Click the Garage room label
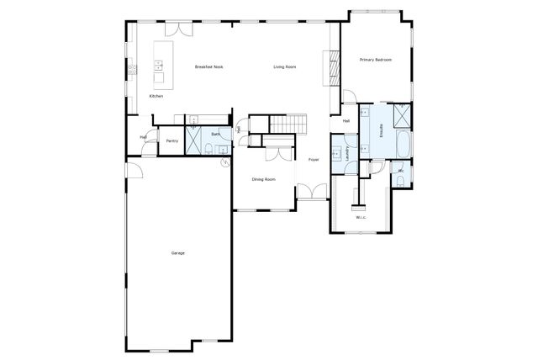(177, 253)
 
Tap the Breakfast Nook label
(208, 66)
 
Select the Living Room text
(285, 66)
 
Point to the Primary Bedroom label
(376, 60)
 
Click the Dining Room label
(264, 178)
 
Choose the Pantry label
(171, 140)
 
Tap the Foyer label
(313, 159)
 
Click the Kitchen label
(156, 97)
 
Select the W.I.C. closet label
(361, 218)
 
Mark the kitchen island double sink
(157, 66)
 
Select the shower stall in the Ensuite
(401, 114)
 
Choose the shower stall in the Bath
(193, 140)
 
